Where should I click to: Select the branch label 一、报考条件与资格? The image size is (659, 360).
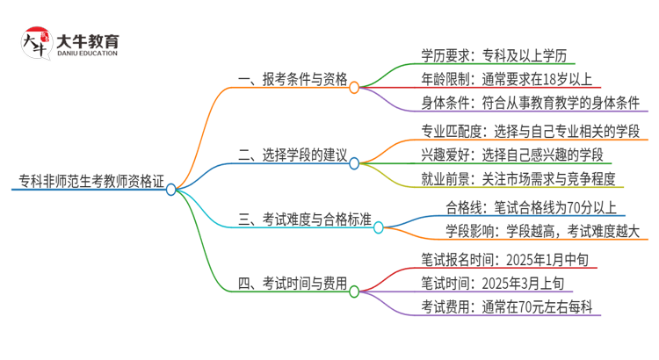(x=293, y=79)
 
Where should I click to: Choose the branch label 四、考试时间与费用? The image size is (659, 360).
(x=293, y=284)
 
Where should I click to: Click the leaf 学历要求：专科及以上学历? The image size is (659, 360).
(x=497, y=54)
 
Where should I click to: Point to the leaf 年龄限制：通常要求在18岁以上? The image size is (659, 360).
(x=510, y=79)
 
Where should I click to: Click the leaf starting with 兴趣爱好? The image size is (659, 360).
(x=511, y=155)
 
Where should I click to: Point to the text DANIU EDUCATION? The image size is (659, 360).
(x=88, y=53)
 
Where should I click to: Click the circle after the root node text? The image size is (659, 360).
(x=170, y=189)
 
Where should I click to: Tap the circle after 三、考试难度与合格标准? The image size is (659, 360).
(x=379, y=227)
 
